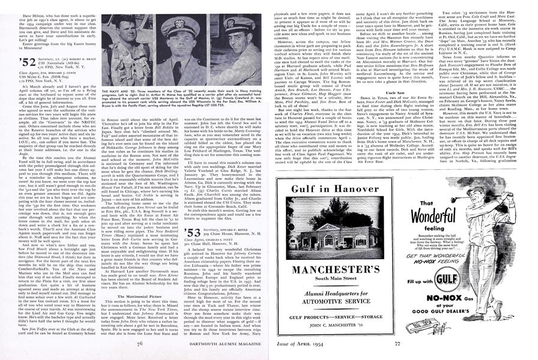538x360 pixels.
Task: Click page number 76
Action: tap(138, 344)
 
